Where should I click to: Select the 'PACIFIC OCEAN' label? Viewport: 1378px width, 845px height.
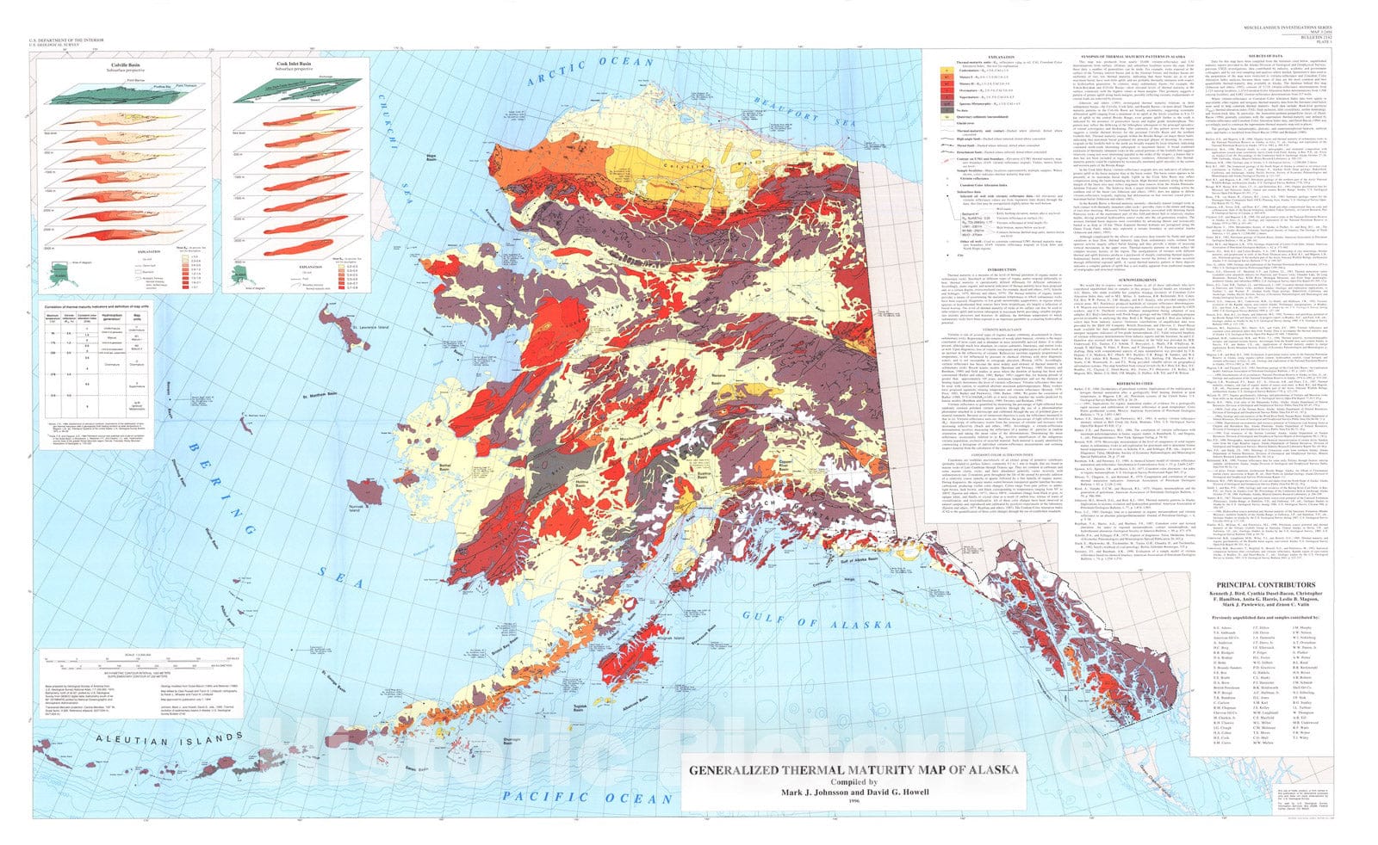(x=585, y=798)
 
